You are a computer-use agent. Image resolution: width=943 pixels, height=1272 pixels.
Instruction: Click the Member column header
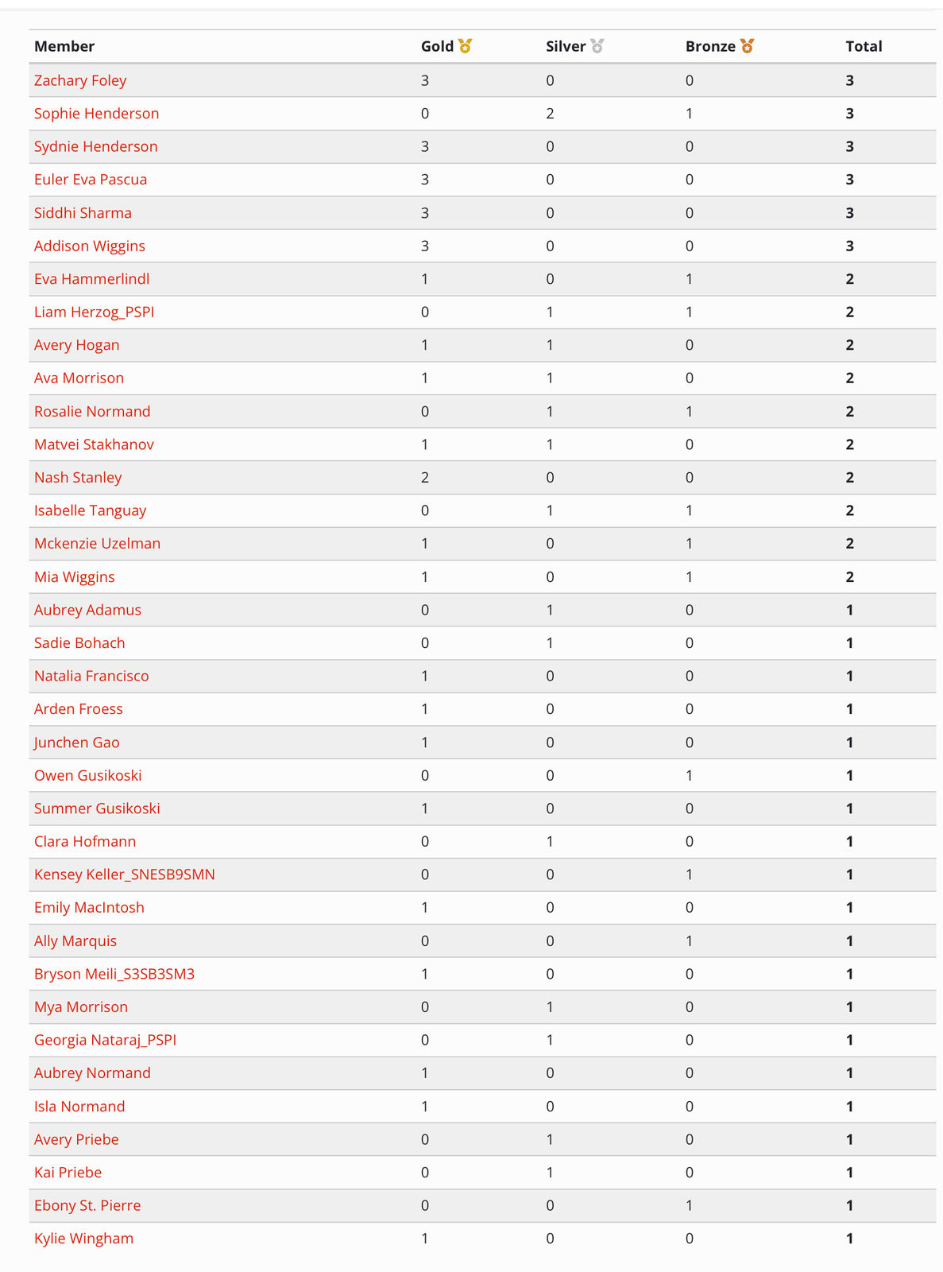point(64,46)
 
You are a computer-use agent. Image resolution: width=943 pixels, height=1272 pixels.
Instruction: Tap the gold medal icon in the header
point(465,46)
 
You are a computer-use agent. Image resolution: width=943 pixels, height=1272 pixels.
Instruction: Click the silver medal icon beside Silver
point(597,46)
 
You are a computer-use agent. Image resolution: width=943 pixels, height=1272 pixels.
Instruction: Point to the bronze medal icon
point(747,46)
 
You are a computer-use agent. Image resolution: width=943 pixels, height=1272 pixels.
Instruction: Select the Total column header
point(864,46)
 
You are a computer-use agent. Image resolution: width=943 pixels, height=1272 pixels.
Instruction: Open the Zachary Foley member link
point(80,80)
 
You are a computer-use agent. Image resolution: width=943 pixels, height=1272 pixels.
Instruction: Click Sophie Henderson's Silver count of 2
point(550,114)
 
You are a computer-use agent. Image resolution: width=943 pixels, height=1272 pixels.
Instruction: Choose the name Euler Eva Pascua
point(91,180)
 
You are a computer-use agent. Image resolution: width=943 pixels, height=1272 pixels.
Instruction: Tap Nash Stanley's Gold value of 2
point(425,478)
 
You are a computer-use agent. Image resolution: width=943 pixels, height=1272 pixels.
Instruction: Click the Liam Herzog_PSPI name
point(94,312)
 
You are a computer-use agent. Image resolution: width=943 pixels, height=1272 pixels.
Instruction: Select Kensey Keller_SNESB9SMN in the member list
point(124,874)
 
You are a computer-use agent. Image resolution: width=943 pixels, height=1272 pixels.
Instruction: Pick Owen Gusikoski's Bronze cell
point(689,775)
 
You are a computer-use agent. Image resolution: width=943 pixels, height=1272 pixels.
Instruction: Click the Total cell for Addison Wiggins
point(849,246)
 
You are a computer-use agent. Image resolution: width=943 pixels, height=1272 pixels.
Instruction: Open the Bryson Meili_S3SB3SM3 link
point(114,974)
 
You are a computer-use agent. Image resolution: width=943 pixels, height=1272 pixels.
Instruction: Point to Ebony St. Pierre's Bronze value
point(689,1205)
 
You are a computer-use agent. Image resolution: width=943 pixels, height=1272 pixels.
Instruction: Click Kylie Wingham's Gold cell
point(425,1239)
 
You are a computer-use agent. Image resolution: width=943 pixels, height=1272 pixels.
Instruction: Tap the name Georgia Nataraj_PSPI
point(105,1040)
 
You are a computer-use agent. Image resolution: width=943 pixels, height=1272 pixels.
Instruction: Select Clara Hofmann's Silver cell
point(550,841)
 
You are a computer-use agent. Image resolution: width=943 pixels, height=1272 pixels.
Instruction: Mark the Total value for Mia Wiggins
point(849,577)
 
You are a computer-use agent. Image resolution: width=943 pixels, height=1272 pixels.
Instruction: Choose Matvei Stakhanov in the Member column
point(94,444)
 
